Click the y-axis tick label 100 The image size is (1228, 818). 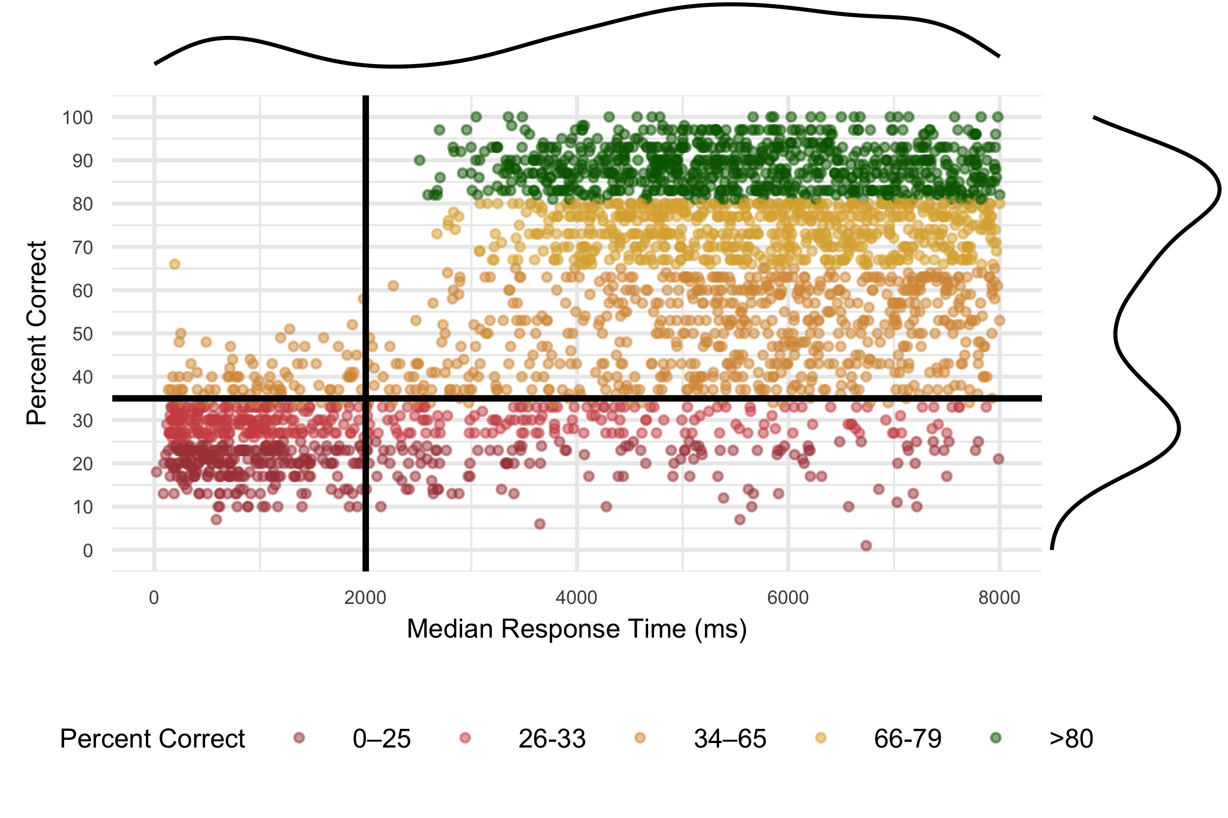[77, 117]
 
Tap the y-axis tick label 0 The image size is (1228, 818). [88, 550]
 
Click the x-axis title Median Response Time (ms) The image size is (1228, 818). [576, 629]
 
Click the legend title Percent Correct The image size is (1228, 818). [152, 739]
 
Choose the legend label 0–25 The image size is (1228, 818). [382, 739]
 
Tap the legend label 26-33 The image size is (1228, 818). [552, 739]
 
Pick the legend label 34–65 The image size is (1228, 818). [730, 739]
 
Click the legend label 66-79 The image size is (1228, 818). [907, 739]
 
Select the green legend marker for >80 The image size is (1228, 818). [996, 738]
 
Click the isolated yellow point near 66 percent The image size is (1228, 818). [174, 264]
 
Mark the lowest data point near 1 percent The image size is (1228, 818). [866, 546]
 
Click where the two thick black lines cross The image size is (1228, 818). [366, 399]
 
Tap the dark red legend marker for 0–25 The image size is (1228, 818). [299, 738]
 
